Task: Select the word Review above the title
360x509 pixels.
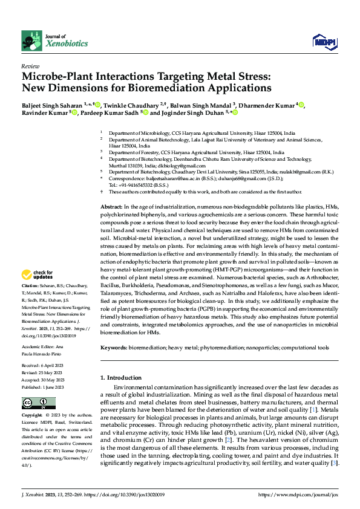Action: pyautogui.click(x=30, y=66)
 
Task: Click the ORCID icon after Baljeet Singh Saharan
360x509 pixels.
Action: pyautogui.click(x=97, y=107)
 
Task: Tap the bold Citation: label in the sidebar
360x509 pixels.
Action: pyautogui.click(x=30, y=285)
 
